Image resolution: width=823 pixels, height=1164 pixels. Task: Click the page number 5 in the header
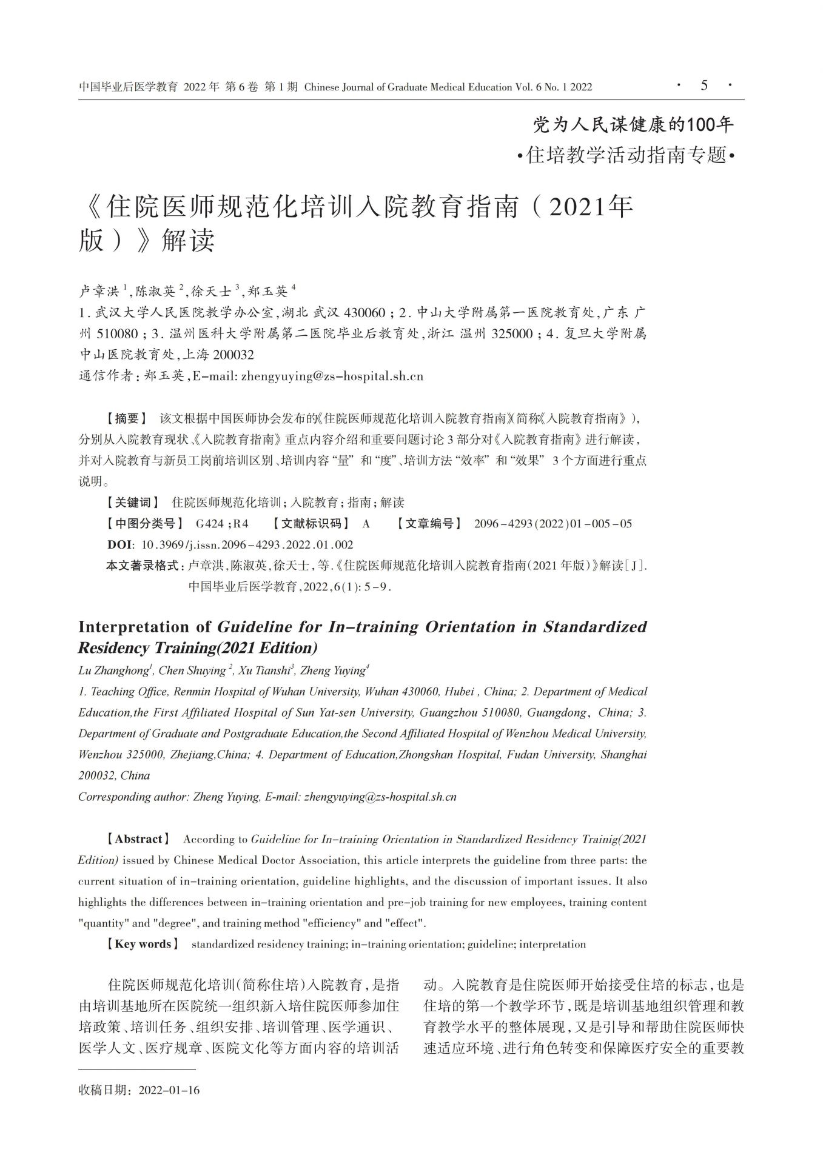click(704, 85)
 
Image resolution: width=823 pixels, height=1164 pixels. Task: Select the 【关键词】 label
click(132, 502)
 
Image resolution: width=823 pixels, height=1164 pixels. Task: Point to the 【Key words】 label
click(143, 944)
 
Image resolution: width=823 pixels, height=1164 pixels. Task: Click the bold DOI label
click(120, 544)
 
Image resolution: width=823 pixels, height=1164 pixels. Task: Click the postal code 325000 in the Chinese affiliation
click(513, 333)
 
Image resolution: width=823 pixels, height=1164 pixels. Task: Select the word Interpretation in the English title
click(143, 626)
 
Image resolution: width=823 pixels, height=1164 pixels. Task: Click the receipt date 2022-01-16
click(169, 1090)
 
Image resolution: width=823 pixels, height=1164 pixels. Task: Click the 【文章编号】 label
click(429, 523)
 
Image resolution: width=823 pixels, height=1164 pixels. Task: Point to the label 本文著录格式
click(146, 566)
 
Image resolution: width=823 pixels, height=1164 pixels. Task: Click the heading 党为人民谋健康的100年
click(633, 125)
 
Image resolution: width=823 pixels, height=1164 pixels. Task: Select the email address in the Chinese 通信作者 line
click(332, 376)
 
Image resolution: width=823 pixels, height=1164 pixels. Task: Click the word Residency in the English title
click(112, 647)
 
